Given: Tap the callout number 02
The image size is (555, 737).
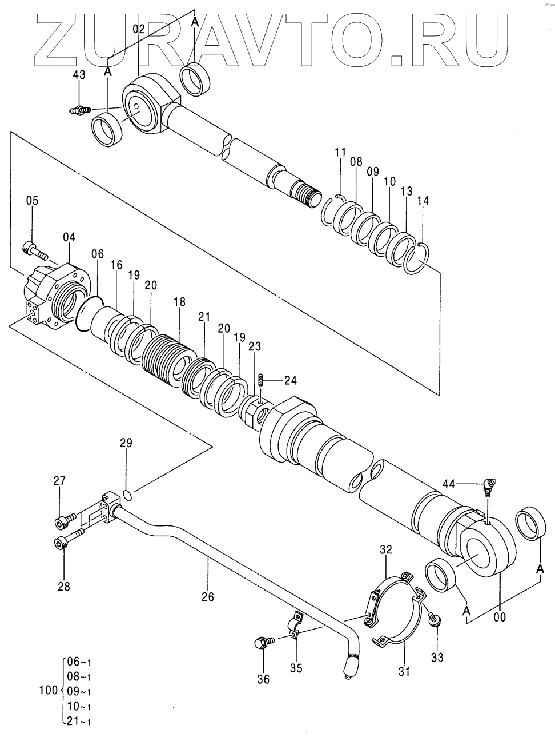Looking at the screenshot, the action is tap(139, 30).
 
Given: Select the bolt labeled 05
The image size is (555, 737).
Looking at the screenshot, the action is tap(34, 251).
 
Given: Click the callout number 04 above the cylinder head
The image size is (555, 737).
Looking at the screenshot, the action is tap(69, 237).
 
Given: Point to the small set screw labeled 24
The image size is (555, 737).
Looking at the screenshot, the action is tap(262, 380).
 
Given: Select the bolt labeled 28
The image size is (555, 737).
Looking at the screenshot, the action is tap(69, 538).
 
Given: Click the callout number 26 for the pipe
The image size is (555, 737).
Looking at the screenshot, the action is tap(207, 597).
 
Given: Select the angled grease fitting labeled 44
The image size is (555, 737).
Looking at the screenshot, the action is tap(489, 487).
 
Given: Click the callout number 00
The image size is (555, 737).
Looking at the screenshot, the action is tap(499, 617).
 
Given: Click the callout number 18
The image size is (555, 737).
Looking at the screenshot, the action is tap(180, 302).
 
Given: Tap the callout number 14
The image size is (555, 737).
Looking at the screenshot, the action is tap(423, 201).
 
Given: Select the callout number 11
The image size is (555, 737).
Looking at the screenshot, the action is tap(340, 152).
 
